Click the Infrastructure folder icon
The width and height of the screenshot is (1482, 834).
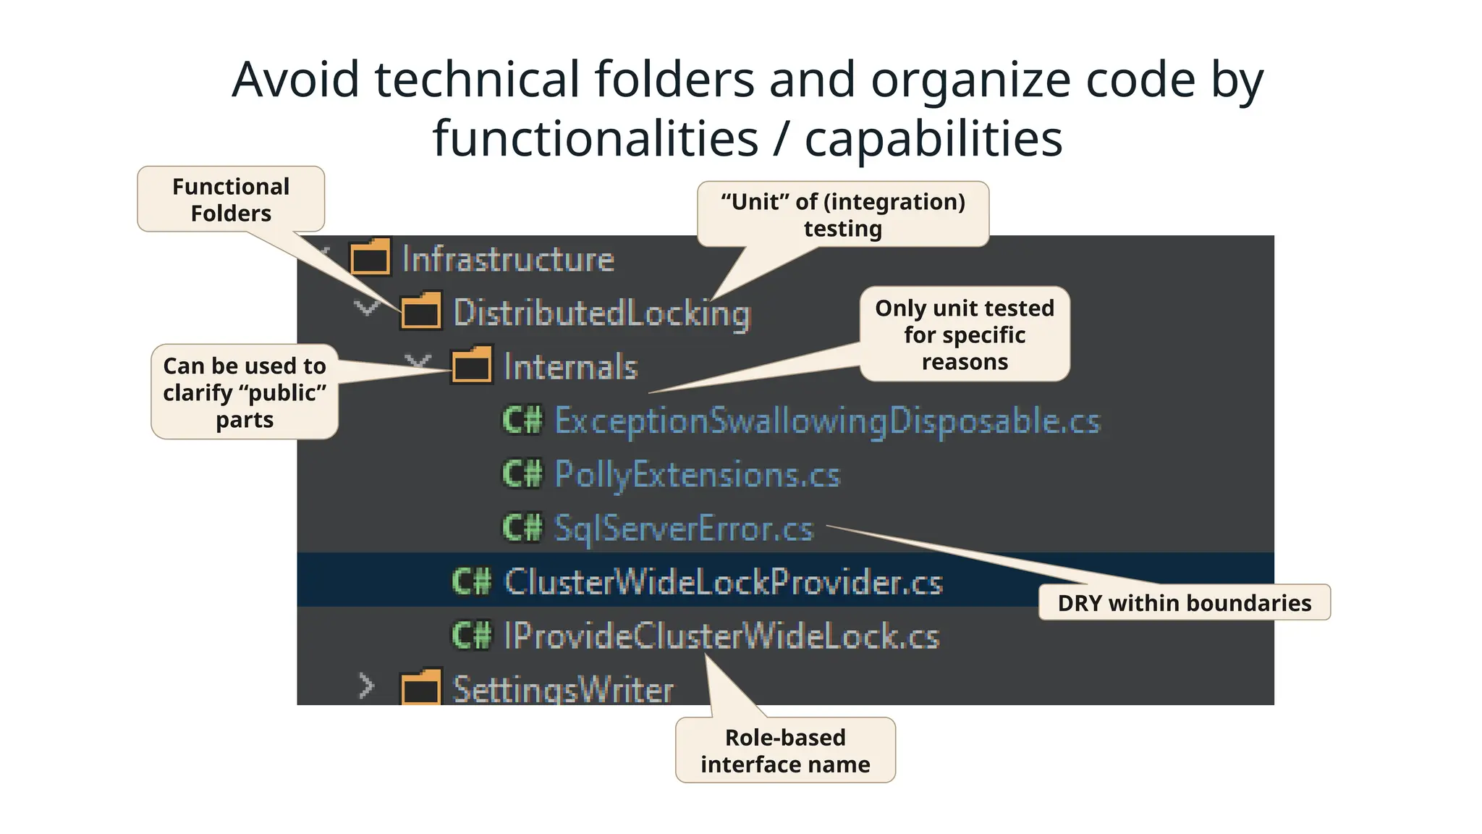click(x=370, y=258)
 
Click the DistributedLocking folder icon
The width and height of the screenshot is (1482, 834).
click(x=421, y=311)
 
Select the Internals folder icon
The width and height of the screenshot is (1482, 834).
click(x=472, y=366)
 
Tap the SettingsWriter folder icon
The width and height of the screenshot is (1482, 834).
click(x=421, y=687)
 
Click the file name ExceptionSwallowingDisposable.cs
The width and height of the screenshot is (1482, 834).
click(x=827, y=421)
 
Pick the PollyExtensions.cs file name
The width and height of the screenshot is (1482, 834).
click(x=697, y=475)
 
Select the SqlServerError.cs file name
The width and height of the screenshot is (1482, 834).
click(x=684, y=528)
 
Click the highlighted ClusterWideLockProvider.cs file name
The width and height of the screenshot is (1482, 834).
click(x=723, y=582)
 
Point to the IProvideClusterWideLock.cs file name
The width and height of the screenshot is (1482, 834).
click(x=721, y=636)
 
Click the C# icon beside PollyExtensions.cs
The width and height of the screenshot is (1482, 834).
click(x=522, y=475)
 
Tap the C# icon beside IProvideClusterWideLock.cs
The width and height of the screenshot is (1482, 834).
click(x=471, y=636)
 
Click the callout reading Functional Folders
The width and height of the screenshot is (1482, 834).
click(x=231, y=200)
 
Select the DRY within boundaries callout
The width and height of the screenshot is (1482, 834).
click(x=1184, y=602)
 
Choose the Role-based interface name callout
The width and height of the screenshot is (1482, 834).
click(x=785, y=751)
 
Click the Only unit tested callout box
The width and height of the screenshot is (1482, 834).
click(x=965, y=334)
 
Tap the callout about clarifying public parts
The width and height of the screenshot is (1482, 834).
click(x=245, y=392)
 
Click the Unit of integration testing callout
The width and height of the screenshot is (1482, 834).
click(x=843, y=215)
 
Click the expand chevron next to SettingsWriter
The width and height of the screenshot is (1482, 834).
click(x=367, y=686)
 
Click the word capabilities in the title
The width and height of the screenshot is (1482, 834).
click(x=933, y=138)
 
